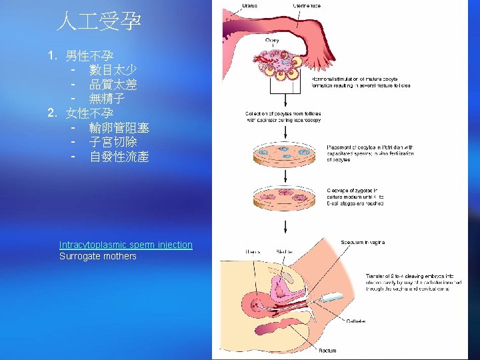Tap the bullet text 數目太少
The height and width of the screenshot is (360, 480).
[113, 70]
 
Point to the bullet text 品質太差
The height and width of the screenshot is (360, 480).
[113, 85]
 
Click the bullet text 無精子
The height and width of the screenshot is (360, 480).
[107, 99]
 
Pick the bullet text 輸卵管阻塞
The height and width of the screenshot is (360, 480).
[119, 128]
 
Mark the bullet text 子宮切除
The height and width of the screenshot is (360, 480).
[113, 143]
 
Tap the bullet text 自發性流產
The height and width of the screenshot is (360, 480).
[119, 157]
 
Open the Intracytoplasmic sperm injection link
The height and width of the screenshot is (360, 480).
[125, 245]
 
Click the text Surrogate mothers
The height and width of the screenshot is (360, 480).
[97, 256]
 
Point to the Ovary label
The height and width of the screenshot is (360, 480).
[272, 41]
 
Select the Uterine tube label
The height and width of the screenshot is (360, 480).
[307, 5]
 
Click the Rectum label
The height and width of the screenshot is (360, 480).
[328, 350]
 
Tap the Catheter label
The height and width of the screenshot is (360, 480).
[355, 321]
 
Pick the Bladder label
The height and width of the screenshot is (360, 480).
[284, 252]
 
